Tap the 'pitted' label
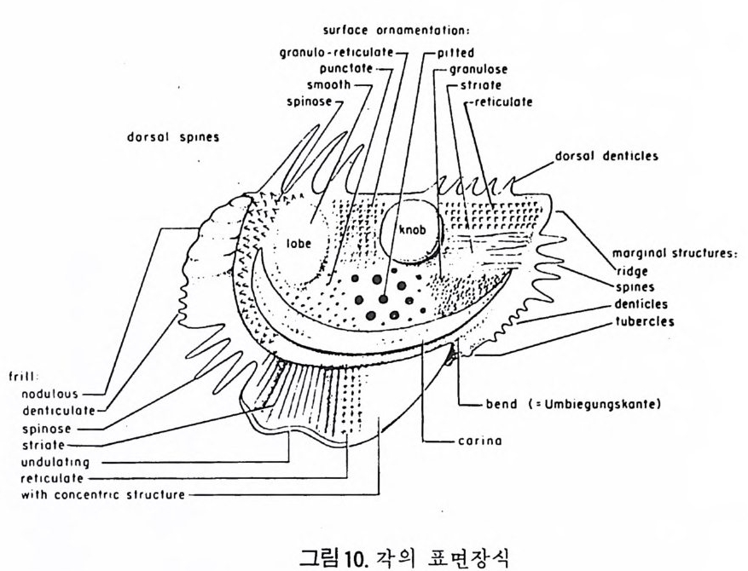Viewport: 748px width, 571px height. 457,53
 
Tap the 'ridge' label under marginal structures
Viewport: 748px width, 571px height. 632,271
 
